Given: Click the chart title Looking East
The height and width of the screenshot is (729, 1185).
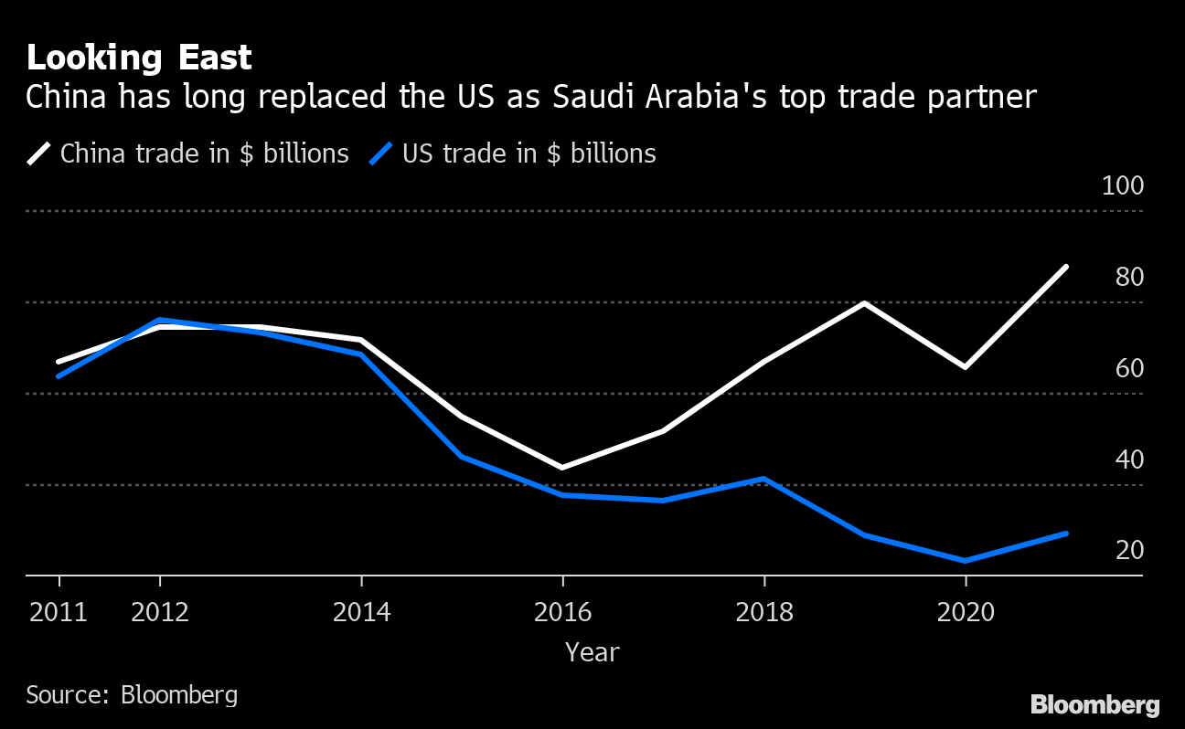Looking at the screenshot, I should click(x=139, y=58).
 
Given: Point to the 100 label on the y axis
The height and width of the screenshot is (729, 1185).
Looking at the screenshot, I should click(x=1123, y=186).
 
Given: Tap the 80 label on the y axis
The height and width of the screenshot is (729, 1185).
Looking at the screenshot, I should click(x=1129, y=278).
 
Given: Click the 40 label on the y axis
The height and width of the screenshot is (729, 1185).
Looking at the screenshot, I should click(x=1129, y=460).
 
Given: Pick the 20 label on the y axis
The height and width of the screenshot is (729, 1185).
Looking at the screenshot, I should click(x=1129, y=551).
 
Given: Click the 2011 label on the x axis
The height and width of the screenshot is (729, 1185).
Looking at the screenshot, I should click(x=59, y=612).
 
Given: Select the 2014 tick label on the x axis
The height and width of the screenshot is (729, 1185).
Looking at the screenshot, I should click(x=361, y=612).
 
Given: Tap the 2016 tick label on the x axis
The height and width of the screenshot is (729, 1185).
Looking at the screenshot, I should click(x=562, y=612).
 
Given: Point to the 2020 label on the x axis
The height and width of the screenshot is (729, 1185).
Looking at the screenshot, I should click(x=966, y=612).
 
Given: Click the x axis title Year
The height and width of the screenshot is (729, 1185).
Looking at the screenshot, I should click(x=592, y=652).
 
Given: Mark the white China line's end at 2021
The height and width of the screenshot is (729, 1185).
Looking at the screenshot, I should click(x=1066, y=267).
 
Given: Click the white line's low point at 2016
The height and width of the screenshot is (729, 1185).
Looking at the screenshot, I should click(x=562, y=468).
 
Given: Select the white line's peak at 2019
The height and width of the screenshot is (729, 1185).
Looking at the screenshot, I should click(x=864, y=302).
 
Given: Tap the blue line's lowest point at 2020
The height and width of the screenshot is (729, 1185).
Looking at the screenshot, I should click(x=966, y=561).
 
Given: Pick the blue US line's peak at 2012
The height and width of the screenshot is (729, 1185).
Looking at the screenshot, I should click(x=160, y=320).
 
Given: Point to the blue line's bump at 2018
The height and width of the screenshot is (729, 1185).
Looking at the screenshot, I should click(x=763, y=478).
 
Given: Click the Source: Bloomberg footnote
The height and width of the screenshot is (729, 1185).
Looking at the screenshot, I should click(x=132, y=694).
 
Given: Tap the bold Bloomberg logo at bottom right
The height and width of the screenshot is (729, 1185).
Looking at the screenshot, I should click(x=1094, y=705).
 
